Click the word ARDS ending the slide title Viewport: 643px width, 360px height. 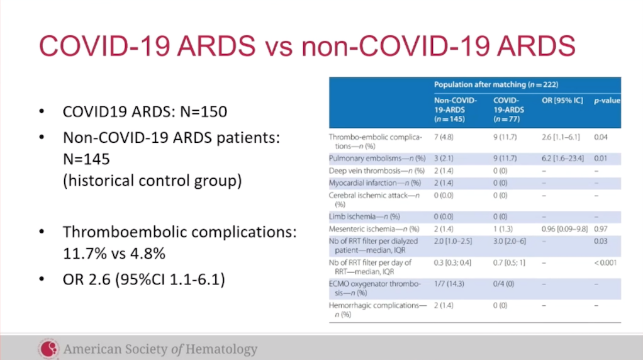[x=536, y=45]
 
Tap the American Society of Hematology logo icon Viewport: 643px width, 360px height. [x=49, y=349]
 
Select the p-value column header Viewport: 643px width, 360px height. [x=607, y=101]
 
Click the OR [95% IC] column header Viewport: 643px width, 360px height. [x=562, y=101]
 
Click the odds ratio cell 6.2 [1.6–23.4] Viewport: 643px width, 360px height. [x=562, y=158]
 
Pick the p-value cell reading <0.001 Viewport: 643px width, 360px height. [x=605, y=262]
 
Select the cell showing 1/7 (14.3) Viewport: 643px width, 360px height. [x=449, y=284]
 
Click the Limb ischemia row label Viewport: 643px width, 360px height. [x=364, y=217]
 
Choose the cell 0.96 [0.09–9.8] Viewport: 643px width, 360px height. [x=565, y=229]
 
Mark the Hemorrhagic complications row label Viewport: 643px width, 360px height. [x=377, y=310]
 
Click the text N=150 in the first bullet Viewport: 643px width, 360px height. [x=203, y=111]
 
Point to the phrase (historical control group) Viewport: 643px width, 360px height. [x=152, y=181]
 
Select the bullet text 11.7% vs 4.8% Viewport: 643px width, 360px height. [x=114, y=254]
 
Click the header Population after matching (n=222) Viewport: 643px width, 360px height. [x=496, y=84]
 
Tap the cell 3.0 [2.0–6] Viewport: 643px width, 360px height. [x=510, y=241]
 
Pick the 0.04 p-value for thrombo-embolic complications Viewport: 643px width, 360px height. [x=601, y=137]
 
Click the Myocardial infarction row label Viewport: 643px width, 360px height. [x=375, y=183]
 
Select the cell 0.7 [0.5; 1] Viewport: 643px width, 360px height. [x=509, y=262]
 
